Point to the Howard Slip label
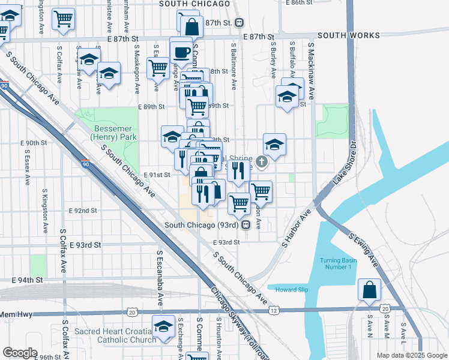(x=291, y=290)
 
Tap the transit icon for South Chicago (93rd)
(x=246, y=226)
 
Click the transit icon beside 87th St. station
(x=240, y=23)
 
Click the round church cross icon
(x=261, y=161)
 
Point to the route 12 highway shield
(x=274, y=310)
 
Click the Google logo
(x=20, y=353)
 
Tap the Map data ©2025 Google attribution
(x=411, y=355)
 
